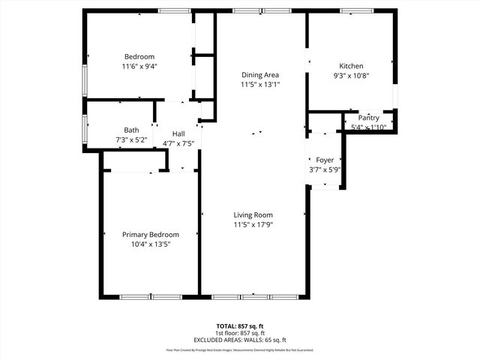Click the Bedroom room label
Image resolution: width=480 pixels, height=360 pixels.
pyautogui.click(x=139, y=57)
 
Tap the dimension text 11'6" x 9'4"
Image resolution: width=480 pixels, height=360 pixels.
pyautogui.click(x=139, y=66)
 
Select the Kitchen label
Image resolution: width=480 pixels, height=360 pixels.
pyautogui.click(x=351, y=66)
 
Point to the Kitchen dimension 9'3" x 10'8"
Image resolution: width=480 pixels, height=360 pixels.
pyautogui.click(x=351, y=75)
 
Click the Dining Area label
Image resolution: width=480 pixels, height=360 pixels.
pyautogui.click(x=260, y=75)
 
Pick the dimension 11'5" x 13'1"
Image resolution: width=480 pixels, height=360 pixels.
pyautogui.click(x=260, y=85)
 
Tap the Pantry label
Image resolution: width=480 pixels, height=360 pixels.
pyautogui.click(x=368, y=118)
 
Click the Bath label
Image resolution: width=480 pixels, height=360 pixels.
pyautogui.click(x=131, y=130)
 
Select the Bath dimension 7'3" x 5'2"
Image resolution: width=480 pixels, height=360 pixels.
pyautogui.click(x=131, y=139)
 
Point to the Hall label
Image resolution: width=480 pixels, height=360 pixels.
pyautogui.click(x=178, y=134)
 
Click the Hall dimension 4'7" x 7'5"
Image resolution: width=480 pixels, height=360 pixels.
pyautogui.click(x=178, y=143)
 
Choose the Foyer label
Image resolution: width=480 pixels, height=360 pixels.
pyautogui.click(x=325, y=160)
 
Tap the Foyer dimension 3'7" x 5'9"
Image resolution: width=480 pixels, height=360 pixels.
pyautogui.click(x=325, y=169)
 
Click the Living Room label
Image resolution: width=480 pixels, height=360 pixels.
pyautogui.click(x=252, y=215)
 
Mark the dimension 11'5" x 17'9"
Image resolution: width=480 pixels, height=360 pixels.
pyautogui.click(x=252, y=224)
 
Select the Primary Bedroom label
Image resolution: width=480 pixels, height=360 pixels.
pyautogui.click(x=151, y=235)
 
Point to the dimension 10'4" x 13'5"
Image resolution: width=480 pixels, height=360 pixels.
pyautogui.click(x=151, y=244)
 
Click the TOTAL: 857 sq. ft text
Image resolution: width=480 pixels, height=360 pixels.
pyautogui.click(x=240, y=326)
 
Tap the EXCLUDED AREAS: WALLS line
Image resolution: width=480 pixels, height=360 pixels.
pyautogui.click(x=240, y=340)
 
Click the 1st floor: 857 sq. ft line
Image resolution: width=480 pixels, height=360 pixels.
pyautogui.click(x=240, y=333)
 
